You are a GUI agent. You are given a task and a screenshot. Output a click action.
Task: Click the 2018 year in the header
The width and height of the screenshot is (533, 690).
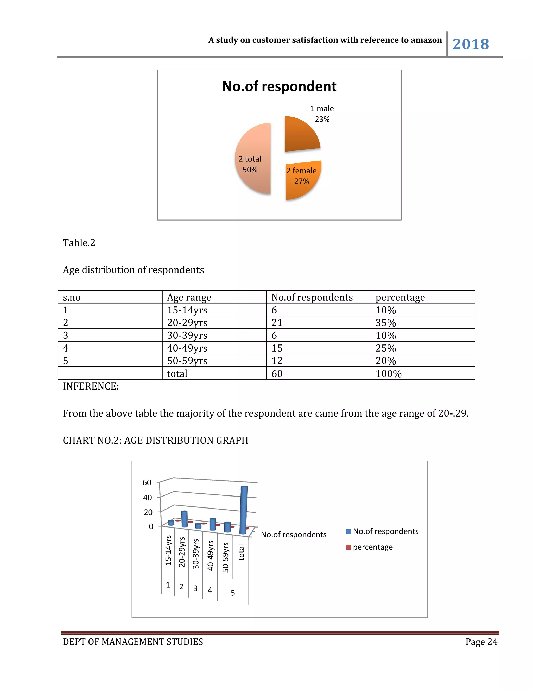pos(471,44)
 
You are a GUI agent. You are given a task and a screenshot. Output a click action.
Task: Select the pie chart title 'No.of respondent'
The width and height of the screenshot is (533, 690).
pos(279,86)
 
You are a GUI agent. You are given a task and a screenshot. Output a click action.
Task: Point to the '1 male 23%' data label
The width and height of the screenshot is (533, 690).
pos(322,114)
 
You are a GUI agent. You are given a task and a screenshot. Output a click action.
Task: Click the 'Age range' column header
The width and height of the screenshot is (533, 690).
pos(189,297)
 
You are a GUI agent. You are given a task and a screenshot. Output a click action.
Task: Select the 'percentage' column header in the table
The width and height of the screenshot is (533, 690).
pos(400,297)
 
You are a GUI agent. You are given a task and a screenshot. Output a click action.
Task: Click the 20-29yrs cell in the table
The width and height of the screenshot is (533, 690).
pos(187,323)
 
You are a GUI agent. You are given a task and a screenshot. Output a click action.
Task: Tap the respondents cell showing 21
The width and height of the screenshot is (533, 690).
pos(277,323)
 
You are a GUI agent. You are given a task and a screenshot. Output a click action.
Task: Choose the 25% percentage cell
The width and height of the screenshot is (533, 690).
pos(385,348)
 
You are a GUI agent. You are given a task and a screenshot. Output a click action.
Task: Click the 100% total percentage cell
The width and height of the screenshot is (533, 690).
pos(388,373)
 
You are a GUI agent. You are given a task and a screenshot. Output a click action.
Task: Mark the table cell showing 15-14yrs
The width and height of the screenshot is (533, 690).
pos(187,310)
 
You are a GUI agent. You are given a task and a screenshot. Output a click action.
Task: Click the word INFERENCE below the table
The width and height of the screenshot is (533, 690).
pos(91,386)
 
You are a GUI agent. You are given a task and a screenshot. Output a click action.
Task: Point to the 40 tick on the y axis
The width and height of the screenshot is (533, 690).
pos(148,498)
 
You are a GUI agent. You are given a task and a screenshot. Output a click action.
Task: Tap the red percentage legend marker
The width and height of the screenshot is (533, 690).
pos(348,547)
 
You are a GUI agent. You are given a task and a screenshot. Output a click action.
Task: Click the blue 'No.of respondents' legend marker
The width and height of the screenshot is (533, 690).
pos(348,531)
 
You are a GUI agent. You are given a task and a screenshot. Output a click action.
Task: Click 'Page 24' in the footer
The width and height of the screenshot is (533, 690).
pos(481,642)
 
